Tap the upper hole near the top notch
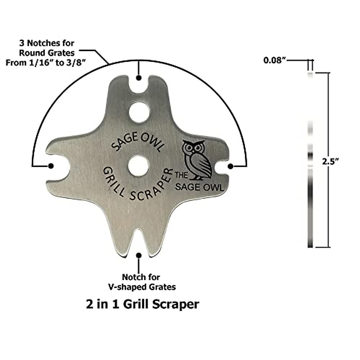pos(139,112)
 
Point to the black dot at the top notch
pos(139,78)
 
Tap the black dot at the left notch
pos(51,166)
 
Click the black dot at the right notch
pos(231,166)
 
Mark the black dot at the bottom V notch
pos(139,255)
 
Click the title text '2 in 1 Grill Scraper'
pos(142,304)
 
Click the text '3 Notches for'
pos(46,43)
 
